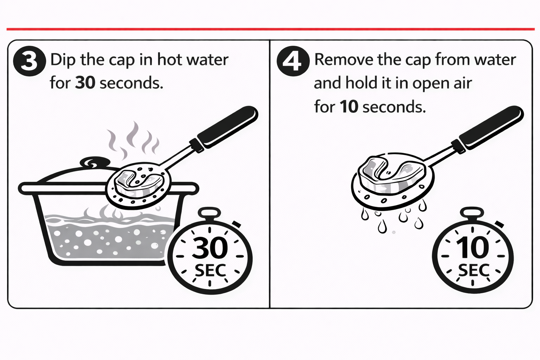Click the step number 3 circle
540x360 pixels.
(30, 61)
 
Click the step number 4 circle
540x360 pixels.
(293, 61)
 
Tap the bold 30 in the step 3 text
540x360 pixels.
(85, 83)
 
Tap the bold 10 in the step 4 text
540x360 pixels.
(349, 107)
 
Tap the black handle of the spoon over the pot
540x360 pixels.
(227, 127)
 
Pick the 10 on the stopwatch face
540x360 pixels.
(472, 247)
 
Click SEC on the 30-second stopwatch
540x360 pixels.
(210, 270)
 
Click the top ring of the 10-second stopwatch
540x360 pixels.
(472, 213)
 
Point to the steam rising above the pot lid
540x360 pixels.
(133, 140)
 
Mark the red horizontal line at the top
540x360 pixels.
(270, 30)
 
